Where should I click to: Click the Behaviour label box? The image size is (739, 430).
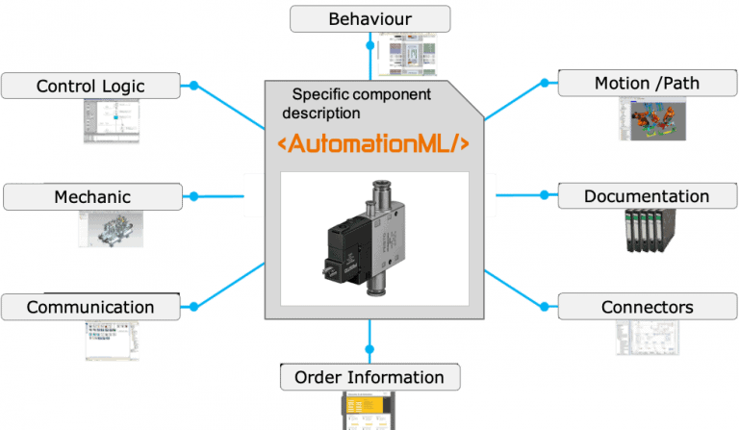[369, 18]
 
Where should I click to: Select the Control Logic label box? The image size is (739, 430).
[90, 86]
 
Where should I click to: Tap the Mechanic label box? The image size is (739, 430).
[92, 197]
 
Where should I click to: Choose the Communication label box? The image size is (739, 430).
[90, 307]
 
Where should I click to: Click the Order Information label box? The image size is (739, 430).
[369, 376]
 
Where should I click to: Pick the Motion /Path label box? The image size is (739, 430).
[647, 83]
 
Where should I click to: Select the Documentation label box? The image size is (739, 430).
[647, 196]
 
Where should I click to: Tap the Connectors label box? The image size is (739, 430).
[647, 307]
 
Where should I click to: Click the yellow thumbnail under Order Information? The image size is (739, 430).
[369, 411]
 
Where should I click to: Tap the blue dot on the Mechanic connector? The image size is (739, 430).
[193, 196]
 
